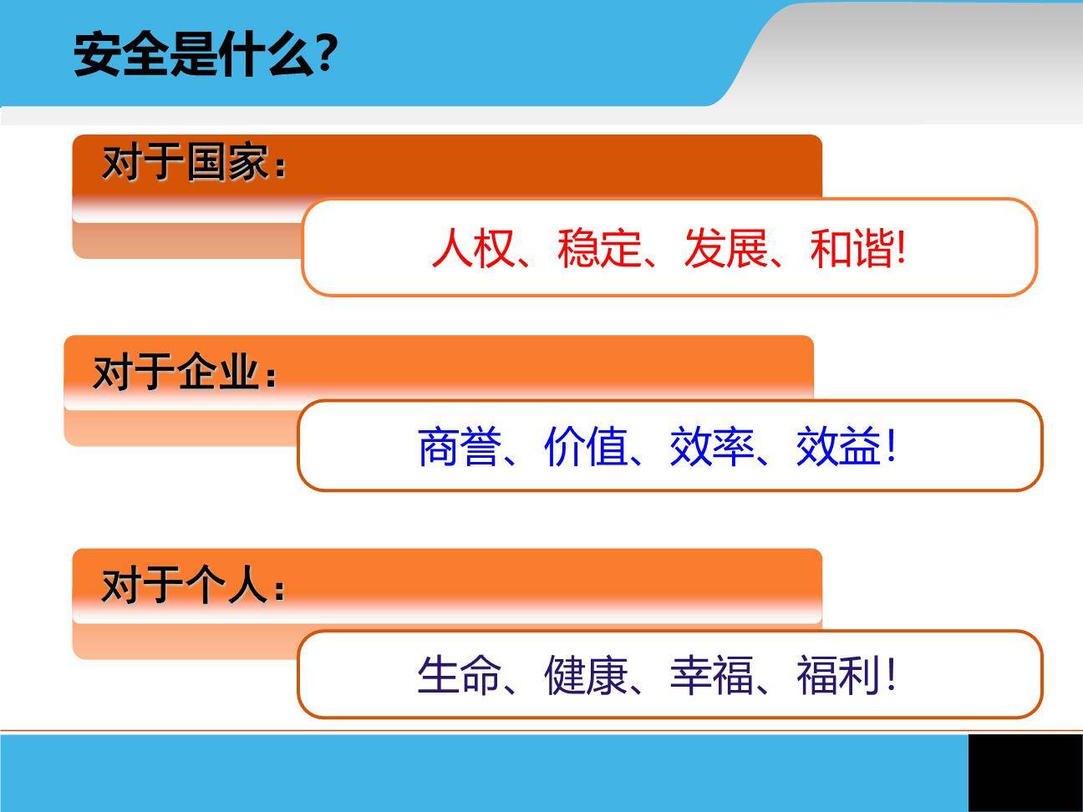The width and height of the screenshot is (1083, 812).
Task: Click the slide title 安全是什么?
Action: point(206,55)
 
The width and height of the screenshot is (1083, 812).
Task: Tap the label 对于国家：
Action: point(194,162)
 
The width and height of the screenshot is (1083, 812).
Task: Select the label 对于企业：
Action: point(185,372)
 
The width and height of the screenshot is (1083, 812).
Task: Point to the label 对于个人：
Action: point(194,585)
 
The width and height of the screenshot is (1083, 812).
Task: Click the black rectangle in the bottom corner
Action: point(1025,773)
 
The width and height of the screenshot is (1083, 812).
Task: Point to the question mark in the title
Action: point(327,55)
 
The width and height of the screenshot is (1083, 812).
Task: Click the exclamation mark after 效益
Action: point(891,446)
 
